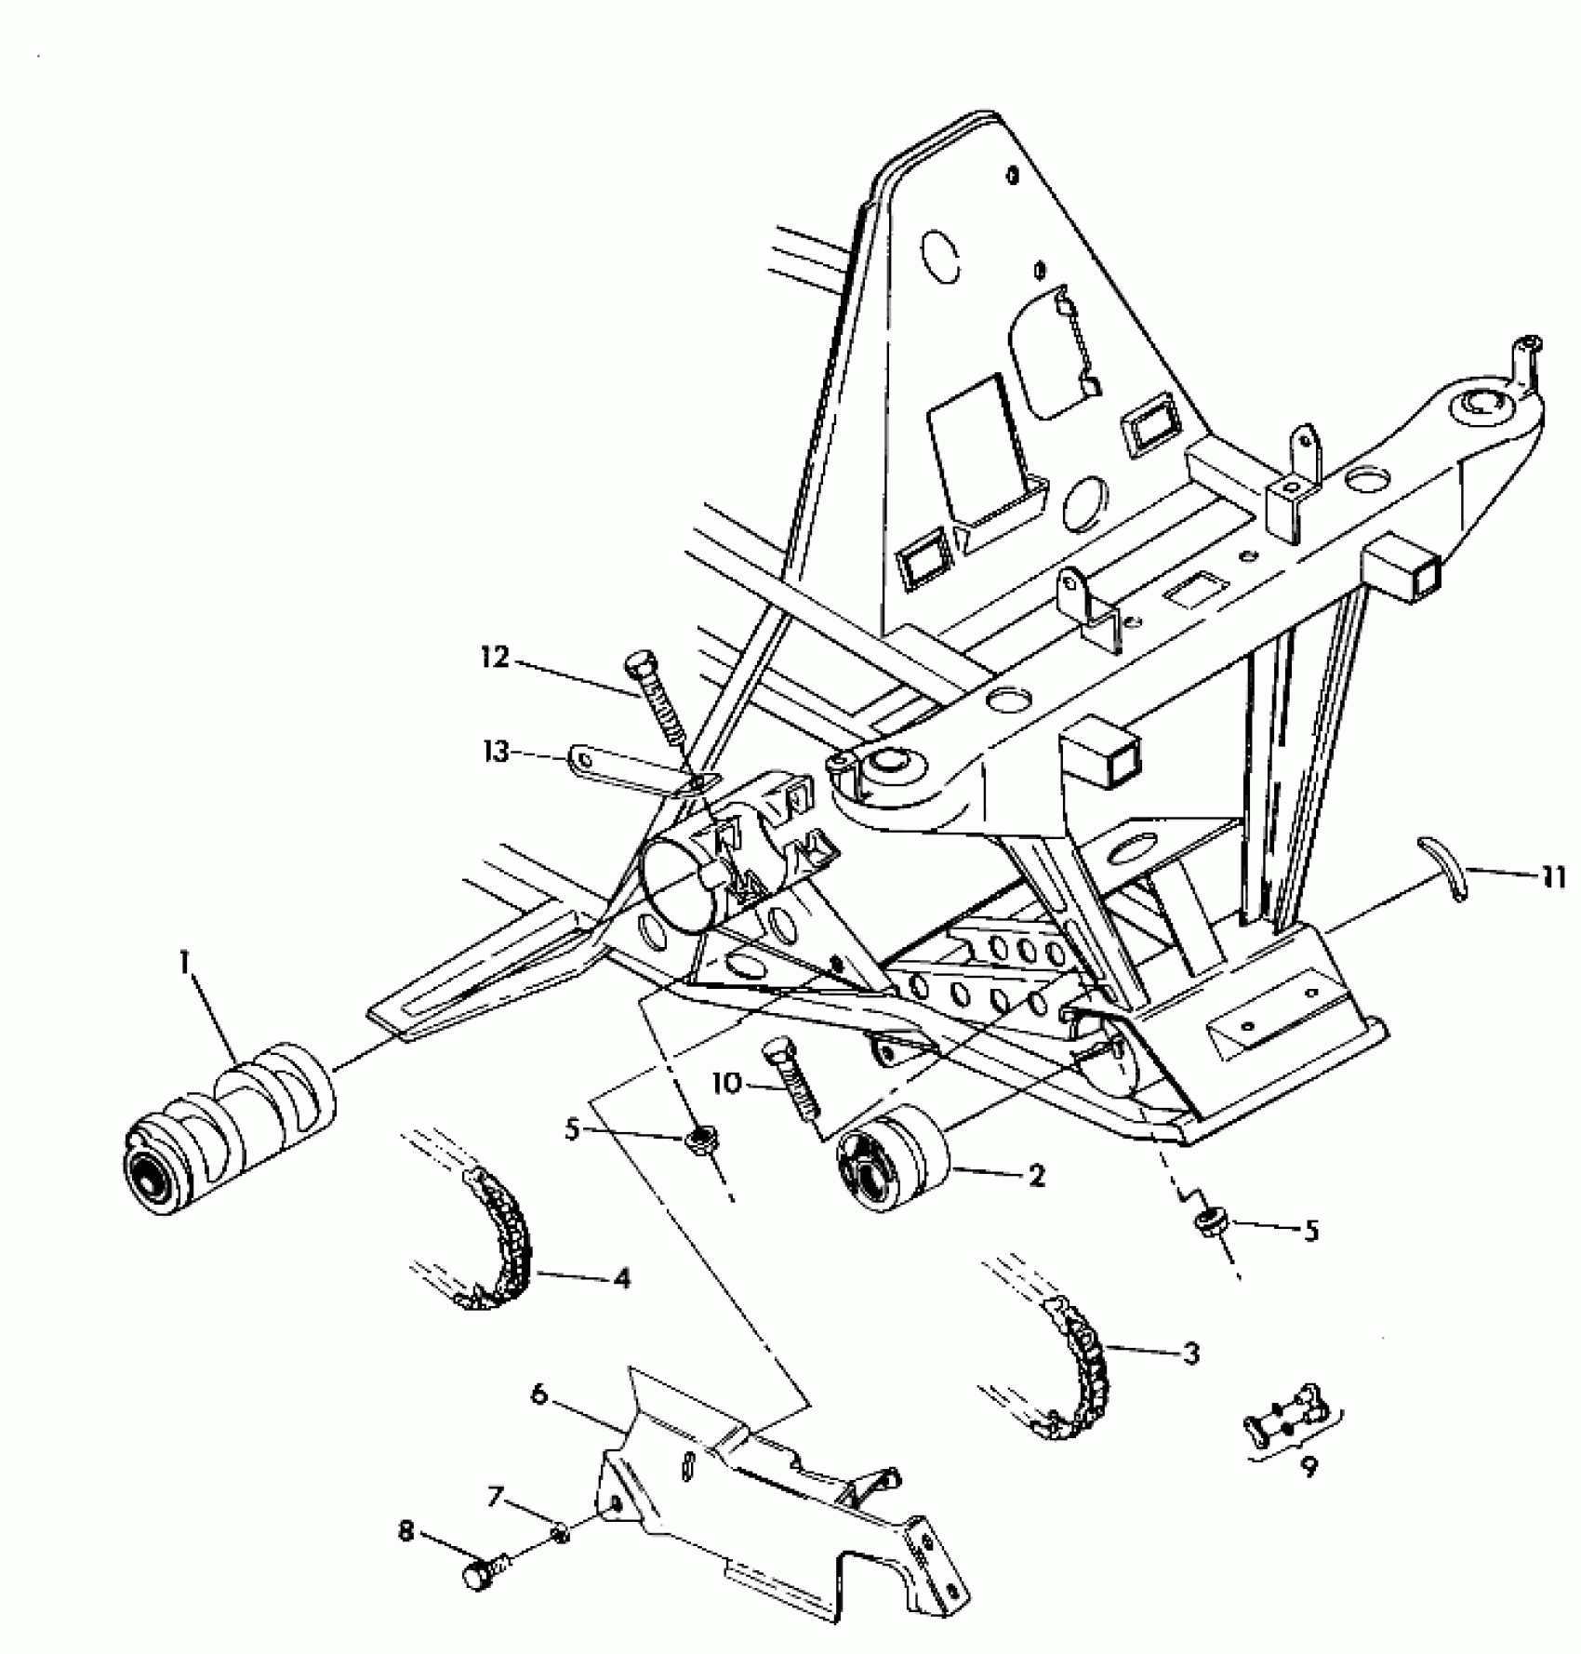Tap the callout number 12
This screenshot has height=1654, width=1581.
point(497,659)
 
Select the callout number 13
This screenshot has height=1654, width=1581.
point(498,751)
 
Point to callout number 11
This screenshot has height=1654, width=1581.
point(1550,877)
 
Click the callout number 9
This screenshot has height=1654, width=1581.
point(1309,1469)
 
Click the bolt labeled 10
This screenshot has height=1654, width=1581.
point(792,1084)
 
